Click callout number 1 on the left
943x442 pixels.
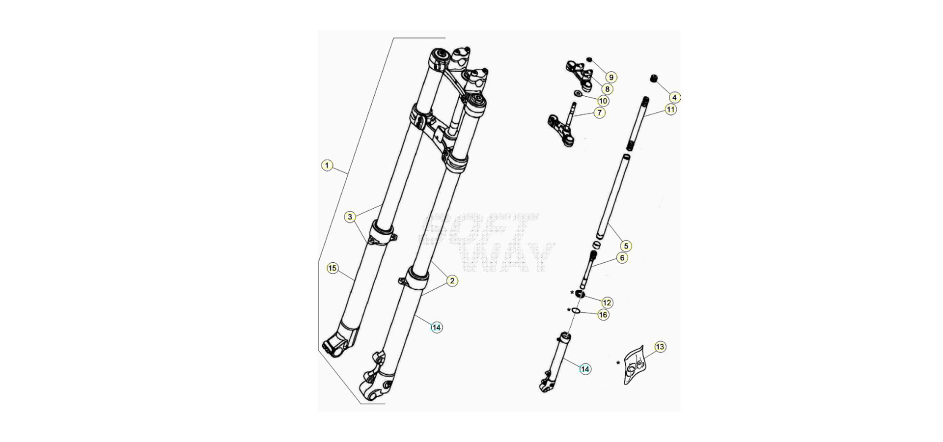pos(327,166)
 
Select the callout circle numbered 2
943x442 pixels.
pos(452,281)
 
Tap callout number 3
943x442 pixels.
pos(350,217)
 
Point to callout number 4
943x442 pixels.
pos(674,98)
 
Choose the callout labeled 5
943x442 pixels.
pos(625,246)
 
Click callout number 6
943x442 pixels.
pos(622,258)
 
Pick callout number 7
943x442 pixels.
pos(599,112)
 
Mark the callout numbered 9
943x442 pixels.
pos(611,77)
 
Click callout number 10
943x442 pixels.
pos(603,101)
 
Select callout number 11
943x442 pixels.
pos(671,110)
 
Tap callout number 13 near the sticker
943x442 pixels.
pos(660,347)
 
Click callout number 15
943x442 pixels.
pos(333,268)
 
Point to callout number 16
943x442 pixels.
pos(603,315)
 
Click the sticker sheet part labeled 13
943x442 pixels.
pos(634,364)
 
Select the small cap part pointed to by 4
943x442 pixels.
pos(654,79)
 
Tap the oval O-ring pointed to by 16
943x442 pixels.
pos(577,311)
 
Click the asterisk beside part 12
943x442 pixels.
pos(572,293)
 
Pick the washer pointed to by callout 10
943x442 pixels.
pos(579,94)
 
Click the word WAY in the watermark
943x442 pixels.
pos(508,257)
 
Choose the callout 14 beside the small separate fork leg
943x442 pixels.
pos(585,369)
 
